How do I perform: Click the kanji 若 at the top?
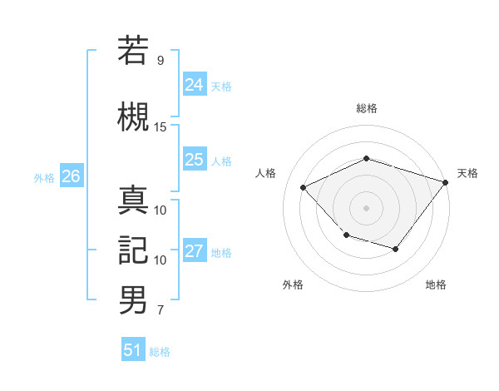pos(133,51)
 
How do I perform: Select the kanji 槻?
pos(133,116)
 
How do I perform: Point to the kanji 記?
pos(133,250)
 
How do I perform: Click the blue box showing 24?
pos(194,84)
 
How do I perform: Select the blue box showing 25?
pos(194,160)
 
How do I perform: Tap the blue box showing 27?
pos(194,252)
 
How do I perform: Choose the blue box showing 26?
pos(71,176)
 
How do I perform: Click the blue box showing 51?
pos(132,350)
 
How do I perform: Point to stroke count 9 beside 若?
pos(160,61)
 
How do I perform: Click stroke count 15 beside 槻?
pos(161,126)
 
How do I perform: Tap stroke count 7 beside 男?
pos(160,311)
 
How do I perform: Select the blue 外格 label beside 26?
pos(44,177)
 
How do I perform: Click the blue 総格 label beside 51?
pos(160,352)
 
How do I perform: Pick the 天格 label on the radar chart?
pos(467,173)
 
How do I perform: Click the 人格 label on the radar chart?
pos(265,173)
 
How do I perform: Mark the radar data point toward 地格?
pos(396,249)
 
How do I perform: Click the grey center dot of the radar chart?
pos(366,208)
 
